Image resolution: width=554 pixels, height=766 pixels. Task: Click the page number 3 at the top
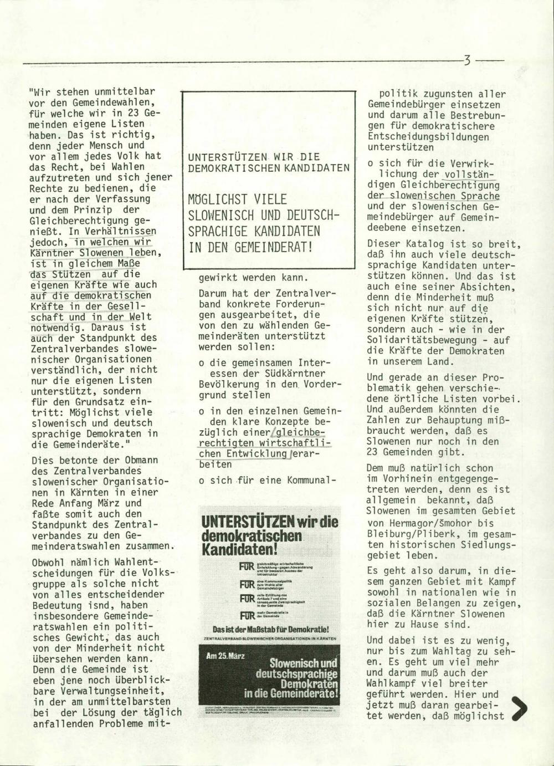pyautogui.click(x=468, y=59)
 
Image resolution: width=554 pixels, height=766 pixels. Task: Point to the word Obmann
pyautogui.click(x=141, y=460)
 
